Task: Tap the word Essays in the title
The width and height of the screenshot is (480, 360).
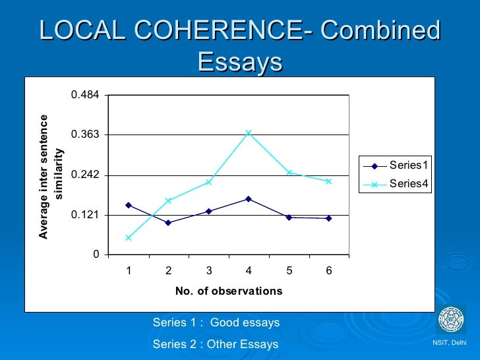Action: pyautogui.click(x=240, y=63)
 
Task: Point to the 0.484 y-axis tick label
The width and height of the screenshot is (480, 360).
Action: pyautogui.click(x=86, y=95)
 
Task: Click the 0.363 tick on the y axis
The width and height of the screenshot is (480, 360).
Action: pyautogui.click(x=86, y=135)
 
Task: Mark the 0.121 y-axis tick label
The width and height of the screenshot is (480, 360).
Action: pyautogui.click(x=86, y=215)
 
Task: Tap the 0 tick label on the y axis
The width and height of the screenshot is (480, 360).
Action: pyautogui.click(x=96, y=255)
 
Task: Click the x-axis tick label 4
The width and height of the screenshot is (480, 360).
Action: pyautogui.click(x=249, y=270)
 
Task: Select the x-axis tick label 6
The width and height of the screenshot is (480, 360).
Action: pyautogui.click(x=328, y=270)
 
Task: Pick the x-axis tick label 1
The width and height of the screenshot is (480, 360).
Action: pyautogui.click(x=129, y=270)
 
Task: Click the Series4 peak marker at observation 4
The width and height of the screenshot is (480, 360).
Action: pyautogui.click(x=249, y=133)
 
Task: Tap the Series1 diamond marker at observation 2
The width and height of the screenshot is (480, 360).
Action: pyautogui.click(x=169, y=223)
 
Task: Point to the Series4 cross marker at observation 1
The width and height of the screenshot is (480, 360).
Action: pyautogui.click(x=129, y=237)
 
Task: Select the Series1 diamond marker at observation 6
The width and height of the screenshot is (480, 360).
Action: pyautogui.click(x=328, y=218)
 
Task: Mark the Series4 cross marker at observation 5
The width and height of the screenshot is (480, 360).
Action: pyautogui.click(x=289, y=172)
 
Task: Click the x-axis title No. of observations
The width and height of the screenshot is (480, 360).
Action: pyautogui.click(x=229, y=291)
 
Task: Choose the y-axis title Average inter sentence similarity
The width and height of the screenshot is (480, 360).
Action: pyautogui.click(x=51, y=177)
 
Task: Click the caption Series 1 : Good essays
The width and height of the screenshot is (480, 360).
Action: pyautogui.click(x=216, y=323)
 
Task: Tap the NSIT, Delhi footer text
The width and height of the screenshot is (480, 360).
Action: pyautogui.click(x=449, y=343)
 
